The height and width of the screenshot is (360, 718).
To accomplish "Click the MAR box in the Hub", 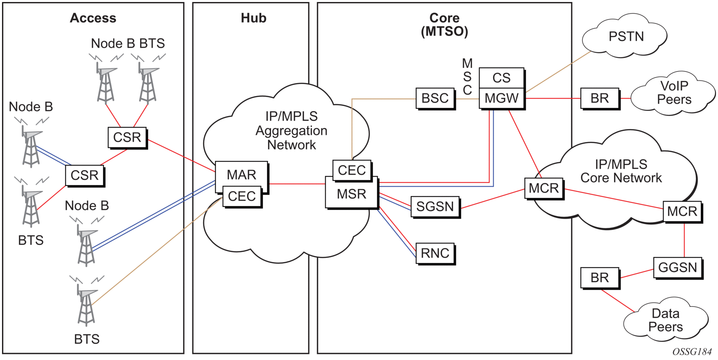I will (x=241, y=174).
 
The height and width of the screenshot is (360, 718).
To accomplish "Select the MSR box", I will (x=351, y=194).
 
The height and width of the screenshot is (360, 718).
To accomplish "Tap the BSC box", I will (x=435, y=98).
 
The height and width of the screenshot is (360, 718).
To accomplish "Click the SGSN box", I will (x=435, y=207).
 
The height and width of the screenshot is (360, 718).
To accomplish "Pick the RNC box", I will (x=435, y=253).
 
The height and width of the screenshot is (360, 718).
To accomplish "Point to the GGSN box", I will (x=677, y=267).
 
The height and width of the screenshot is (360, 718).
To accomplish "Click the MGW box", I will (x=502, y=98).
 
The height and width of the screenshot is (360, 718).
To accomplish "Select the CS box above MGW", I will (x=502, y=78).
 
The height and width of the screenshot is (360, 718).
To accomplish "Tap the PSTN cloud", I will (x=626, y=37).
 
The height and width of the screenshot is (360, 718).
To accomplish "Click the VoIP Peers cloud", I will (x=674, y=93).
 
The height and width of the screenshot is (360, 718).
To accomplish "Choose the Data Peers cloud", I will (x=665, y=320).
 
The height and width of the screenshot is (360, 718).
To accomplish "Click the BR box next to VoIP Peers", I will (x=600, y=98).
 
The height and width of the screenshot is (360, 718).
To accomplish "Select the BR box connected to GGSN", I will (x=600, y=278).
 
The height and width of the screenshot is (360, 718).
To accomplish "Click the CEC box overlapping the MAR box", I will (x=242, y=196).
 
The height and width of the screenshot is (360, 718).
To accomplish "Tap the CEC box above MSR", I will (x=352, y=170).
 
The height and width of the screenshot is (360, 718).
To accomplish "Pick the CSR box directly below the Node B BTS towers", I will (x=127, y=137).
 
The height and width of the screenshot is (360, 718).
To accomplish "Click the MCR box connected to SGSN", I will (x=544, y=188).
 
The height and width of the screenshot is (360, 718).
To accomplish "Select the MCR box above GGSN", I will (x=682, y=211).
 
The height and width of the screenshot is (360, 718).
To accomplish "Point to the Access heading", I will (x=93, y=18).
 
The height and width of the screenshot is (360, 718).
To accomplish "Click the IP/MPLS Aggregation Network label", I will (x=292, y=131).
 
